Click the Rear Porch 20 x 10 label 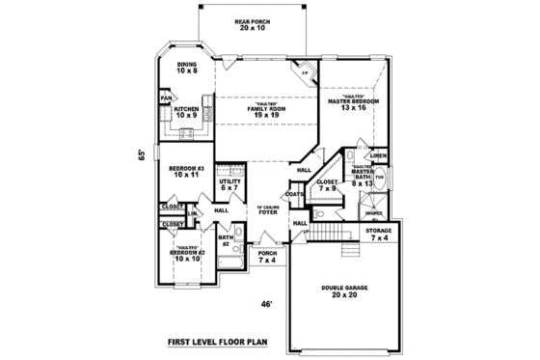click(x=256, y=24)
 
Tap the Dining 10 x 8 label click(x=186, y=68)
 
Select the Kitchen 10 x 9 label click(x=186, y=113)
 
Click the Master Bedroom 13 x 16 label click(x=353, y=102)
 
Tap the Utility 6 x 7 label click(x=229, y=184)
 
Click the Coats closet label click(x=294, y=194)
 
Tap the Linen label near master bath click(x=379, y=155)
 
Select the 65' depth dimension click(x=141, y=154)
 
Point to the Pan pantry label click(x=166, y=97)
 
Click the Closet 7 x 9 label click(x=327, y=183)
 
